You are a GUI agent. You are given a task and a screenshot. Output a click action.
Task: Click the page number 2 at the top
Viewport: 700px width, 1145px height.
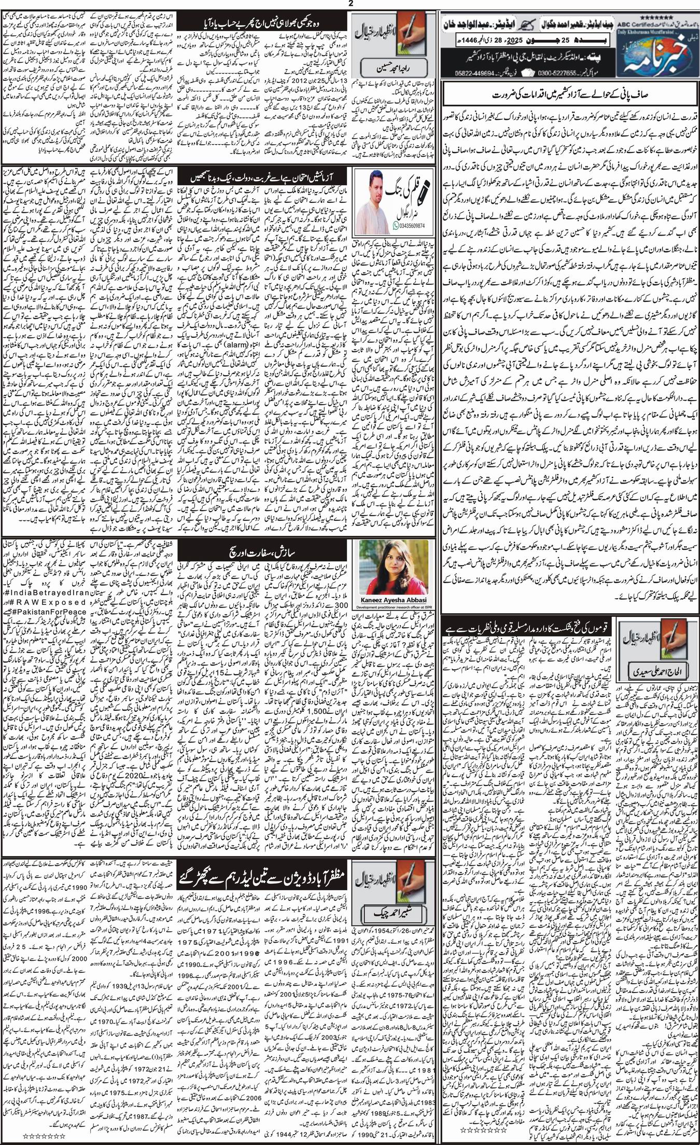[350, 4]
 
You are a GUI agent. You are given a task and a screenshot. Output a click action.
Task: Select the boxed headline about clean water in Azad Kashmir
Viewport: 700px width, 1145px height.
[569, 97]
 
